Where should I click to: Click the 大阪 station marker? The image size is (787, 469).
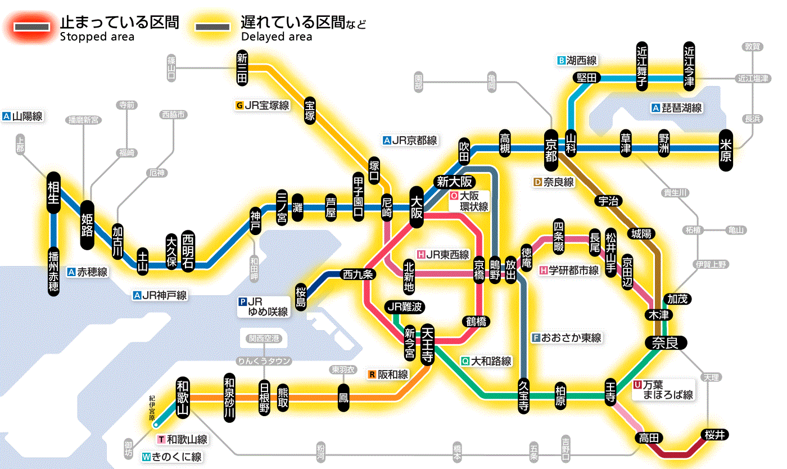(x=417, y=207)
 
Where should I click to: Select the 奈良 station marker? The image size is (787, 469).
(x=665, y=342)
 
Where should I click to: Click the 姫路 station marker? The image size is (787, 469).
(x=88, y=225)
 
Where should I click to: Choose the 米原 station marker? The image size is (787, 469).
(x=726, y=150)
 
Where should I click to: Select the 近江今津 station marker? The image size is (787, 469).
(x=689, y=66)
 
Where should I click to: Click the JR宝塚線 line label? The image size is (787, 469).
(x=263, y=105)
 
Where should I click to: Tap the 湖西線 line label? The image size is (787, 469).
(x=577, y=60)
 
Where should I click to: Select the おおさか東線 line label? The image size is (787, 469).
(x=567, y=338)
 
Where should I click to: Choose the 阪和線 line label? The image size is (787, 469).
(x=388, y=374)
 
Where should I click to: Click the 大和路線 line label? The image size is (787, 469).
(x=486, y=361)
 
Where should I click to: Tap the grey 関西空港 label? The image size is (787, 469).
(x=264, y=338)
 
